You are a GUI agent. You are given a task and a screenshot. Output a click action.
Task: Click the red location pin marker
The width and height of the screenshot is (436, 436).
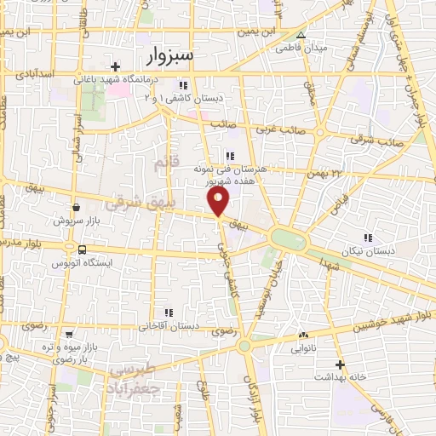pyautogui.click(x=219, y=201)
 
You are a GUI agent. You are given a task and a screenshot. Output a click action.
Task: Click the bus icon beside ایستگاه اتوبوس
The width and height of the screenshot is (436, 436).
pyautogui.click(x=82, y=250)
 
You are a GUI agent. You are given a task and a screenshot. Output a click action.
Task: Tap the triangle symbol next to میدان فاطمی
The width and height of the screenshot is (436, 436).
pyautogui.click(x=300, y=35)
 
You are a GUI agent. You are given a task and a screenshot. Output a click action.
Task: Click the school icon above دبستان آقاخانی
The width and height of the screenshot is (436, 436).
pyautogui.click(x=169, y=312)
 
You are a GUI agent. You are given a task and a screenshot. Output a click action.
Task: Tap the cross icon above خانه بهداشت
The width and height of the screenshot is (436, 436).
pyautogui.click(x=339, y=364)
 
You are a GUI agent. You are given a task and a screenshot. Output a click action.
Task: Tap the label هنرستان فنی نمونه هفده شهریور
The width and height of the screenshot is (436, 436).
pyautogui.click(x=229, y=175)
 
